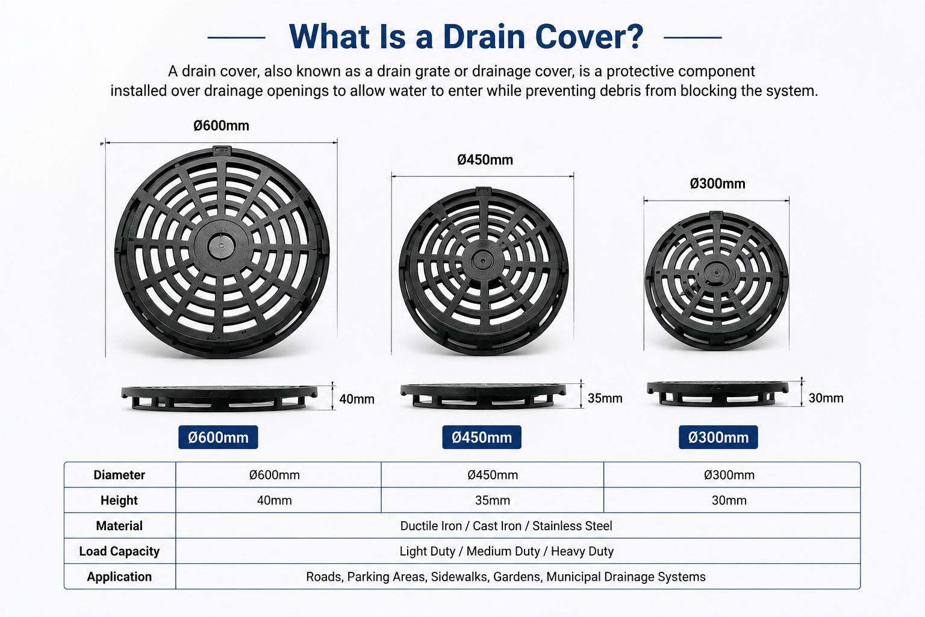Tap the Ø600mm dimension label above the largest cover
pyautogui.click(x=222, y=126)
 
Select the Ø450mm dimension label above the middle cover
pyautogui.click(x=485, y=160)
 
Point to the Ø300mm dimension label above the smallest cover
pyautogui.click(x=718, y=184)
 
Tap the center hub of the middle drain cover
pyautogui.click(x=482, y=261)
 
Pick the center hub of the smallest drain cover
pyautogui.click(x=716, y=273)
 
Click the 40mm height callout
pyautogui.click(x=357, y=399)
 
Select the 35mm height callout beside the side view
pyautogui.click(x=605, y=398)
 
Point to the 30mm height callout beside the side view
pyautogui.click(x=826, y=398)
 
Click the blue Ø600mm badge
pyautogui.click(x=218, y=437)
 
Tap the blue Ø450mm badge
pyautogui.click(x=482, y=437)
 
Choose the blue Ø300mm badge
pyautogui.click(x=718, y=437)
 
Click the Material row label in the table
pyautogui.click(x=119, y=525)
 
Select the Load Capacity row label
pyautogui.click(x=119, y=551)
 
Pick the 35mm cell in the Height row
pyautogui.click(x=493, y=501)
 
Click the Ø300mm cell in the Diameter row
pyautogui.click(x=729, y=475)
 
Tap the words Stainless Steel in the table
pyautogui.click(x=572, y=525)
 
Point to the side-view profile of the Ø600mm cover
pyautogui.click(x=219, y=398)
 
